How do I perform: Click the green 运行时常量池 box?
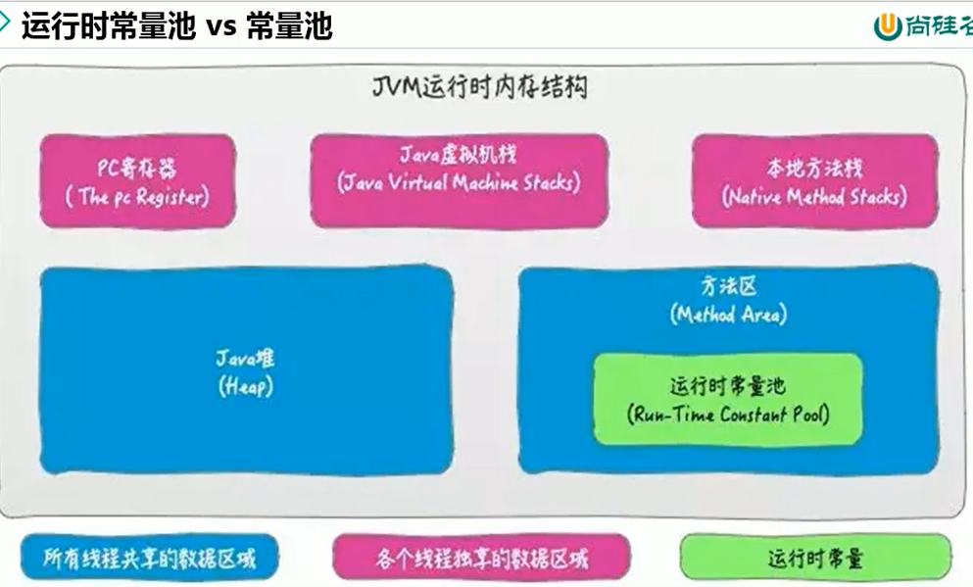click(728, 399)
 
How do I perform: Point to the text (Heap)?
click(246, 387)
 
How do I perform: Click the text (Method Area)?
click(728, 315)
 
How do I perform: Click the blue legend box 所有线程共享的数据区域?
click(149, 559)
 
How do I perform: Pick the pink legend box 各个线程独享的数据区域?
click(481, 559)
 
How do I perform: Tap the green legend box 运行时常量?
click(815, 559)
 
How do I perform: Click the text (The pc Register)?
click(137, 196)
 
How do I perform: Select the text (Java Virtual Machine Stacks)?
click(459, 183)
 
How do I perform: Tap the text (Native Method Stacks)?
click(814, 197)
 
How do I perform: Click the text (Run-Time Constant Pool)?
click(728, 415)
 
